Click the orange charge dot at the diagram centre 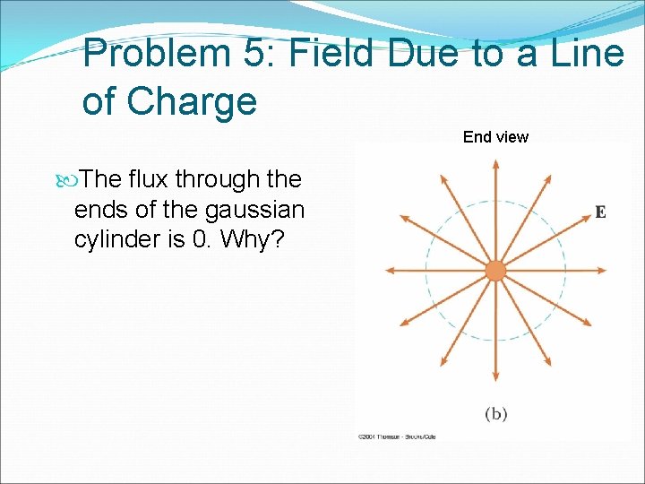point(495,271)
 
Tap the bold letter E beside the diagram point(600,212)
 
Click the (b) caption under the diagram point(495,413)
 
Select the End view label point(495,137)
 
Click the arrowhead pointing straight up point(495,165)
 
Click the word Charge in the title point(192,101)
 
